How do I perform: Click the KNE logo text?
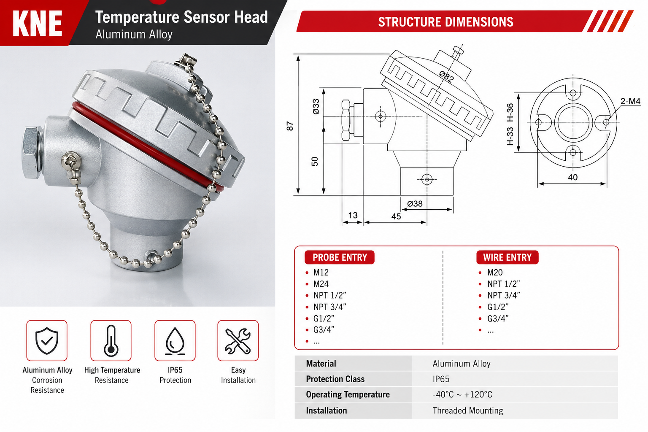click(37, 24)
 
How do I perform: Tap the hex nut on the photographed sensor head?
click(32, 152)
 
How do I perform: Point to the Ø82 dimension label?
click(446, 76)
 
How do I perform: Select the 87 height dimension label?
click(289, 126)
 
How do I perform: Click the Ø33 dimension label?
click(316, 106)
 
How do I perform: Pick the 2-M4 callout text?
click(630, 101)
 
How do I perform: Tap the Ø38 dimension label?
click(415, 204)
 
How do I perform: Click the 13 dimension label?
click(353, 215)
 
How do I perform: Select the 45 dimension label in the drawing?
click(396, 216)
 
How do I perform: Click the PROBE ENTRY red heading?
click(340, 257)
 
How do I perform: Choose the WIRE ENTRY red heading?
click(508, 257)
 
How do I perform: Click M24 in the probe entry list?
click(321, 284)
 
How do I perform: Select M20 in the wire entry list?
click(495, 272)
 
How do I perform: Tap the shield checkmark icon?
click(47, 341)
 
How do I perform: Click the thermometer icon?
click(111, 341)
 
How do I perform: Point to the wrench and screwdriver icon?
click(238, 341)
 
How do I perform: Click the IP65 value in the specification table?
click(441, 379)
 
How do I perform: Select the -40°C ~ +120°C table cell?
click(462, 394)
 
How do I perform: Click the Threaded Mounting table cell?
click(468, 410)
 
